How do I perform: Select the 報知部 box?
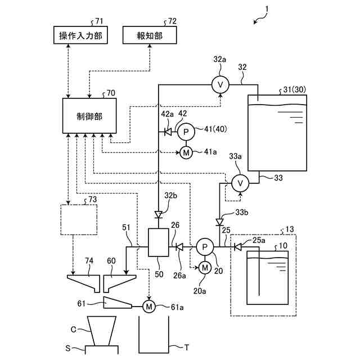point(149,35)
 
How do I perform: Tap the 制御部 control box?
point(89,115)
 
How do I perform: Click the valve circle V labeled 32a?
point(220,84)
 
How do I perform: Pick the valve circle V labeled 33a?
point(240,183)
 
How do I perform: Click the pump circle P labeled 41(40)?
point(186,132)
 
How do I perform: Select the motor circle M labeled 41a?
point(186,152)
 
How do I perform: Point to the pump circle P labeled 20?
point(204,246)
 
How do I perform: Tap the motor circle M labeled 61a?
point(148,306)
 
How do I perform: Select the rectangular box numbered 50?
point(159,242)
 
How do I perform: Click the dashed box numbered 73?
point(78,220)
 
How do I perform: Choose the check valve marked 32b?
point(159,214)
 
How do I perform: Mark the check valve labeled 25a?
point(238,246)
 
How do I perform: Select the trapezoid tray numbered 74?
point(82,281)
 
